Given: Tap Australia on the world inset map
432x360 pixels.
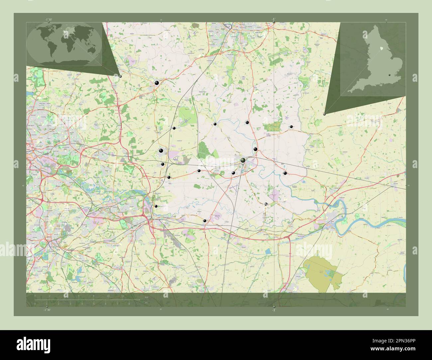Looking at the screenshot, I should [x=87, y=53].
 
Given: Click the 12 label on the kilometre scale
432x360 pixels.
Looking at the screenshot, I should [x=123, y=295].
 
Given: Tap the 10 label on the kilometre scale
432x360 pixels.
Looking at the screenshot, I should [x=108, y=295].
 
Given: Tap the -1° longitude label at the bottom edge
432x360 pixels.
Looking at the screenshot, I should [x=273, y=310].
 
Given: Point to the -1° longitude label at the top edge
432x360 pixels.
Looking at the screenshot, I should [x=273, y=19].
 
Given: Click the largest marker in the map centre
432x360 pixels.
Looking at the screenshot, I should [x=243, y=160].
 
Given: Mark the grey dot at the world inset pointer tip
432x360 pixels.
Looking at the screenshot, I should [x=120, y=76].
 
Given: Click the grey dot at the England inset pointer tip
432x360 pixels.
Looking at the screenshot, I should [x=324, y=114].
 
